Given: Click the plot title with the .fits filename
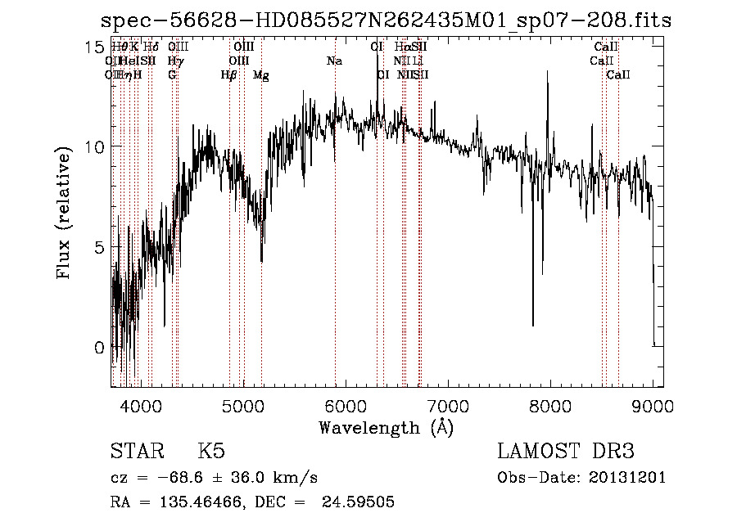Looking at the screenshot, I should tap(385, 21).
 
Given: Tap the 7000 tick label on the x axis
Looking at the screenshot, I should tap(448, 405).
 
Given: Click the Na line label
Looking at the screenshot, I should tap(334, 61).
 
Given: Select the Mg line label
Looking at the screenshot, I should tap(261, 75).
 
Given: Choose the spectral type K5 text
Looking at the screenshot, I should tap(211, 452).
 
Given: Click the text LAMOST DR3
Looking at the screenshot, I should tap(566, 452).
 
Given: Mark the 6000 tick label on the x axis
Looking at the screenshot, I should tap(346, 405).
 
